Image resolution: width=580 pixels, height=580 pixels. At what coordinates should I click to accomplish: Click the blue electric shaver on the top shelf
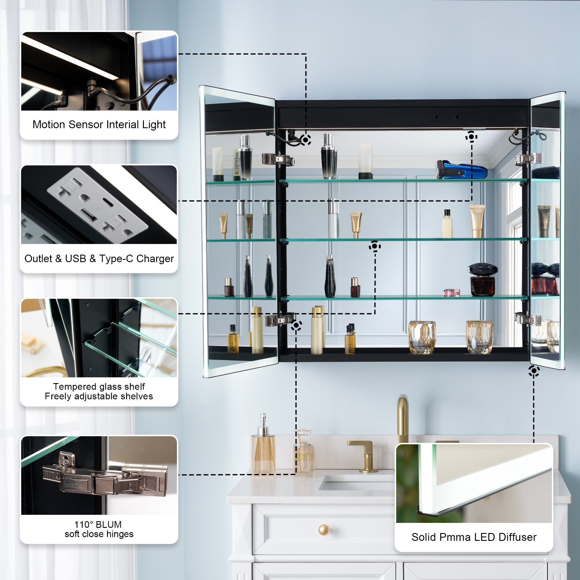pos(461,170)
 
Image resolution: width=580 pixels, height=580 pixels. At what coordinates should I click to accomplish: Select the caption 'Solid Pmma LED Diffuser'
pos(474,537)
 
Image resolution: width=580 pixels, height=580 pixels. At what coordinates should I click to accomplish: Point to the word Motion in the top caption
pos(49,124)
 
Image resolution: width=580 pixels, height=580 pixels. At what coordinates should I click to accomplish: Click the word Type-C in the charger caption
pos(116,258)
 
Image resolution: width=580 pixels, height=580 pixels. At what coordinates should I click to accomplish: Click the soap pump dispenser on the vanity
pos(263,445)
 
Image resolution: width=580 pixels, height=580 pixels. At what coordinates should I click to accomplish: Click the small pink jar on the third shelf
pos(451,292)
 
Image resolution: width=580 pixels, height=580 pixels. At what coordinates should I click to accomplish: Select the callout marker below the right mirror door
pos(534,371)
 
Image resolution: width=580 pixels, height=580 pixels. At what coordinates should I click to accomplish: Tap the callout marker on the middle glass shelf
pos(375,246)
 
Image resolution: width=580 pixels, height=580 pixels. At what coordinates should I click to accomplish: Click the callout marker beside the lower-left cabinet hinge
pos(296,325)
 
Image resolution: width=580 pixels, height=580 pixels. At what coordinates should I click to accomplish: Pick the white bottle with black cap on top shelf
pos(366,162)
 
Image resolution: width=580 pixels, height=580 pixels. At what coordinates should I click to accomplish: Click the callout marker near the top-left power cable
pos(306,140)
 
